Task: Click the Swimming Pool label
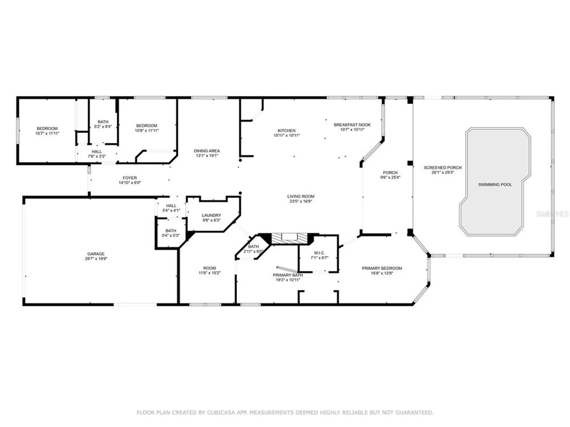coord(495,184)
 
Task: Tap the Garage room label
coord(96,254)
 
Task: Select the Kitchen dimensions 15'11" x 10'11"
coord(286,136)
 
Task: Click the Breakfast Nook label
coord(352,125)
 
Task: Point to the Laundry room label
coord(211,215)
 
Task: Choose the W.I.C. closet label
coord(319,253)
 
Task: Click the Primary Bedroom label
coord(382,268)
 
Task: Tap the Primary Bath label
coord(288,275)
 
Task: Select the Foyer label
coord(130,178)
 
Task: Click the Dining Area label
coord(207,151)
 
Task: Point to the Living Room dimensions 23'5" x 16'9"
coord(301,201)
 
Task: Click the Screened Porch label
coord(442,168)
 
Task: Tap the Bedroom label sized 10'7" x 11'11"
coord(47,128)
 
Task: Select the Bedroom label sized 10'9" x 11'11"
coord(146,126)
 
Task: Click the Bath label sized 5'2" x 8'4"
coord(103,122)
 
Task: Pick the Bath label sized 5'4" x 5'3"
coord(171,231)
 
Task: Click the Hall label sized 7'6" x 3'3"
coord(97,151)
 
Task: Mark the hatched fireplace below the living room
coord(289,239)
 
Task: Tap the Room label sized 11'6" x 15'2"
coord(209,268)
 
